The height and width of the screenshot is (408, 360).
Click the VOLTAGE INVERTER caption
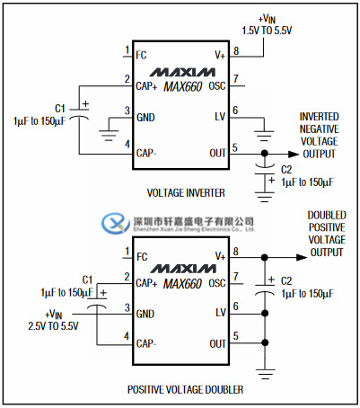tap(185, 192)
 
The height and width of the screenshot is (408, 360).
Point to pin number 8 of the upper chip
tap(236, 50)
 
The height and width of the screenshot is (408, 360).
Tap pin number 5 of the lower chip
tap(236, 337)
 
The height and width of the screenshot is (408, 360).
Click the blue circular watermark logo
tap(115, 221)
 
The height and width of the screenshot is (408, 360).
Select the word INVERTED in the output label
tap(320, 116)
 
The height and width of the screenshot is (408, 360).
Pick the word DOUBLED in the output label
tap(326, 216)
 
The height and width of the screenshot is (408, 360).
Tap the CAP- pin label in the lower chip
tap(146, 343)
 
